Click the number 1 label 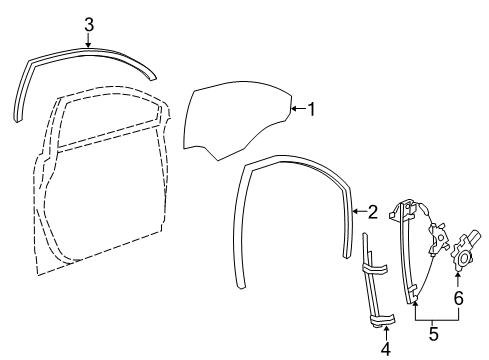(x=311, y=109)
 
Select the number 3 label (x=88, y=23)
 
